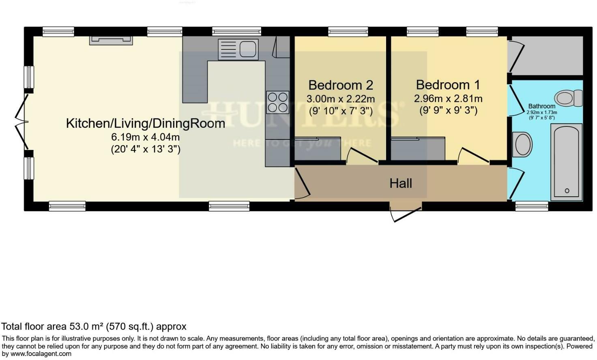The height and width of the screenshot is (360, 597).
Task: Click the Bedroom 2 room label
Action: pyautogui.click(x=340, y=85)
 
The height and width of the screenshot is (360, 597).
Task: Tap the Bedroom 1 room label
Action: pyautogui.click(x=448, y=85)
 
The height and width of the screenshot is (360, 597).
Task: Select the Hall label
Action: pyautogui.click(x=401, y=183)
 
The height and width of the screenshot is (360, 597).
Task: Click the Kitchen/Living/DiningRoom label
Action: pyautogui.click(x=145, y=123)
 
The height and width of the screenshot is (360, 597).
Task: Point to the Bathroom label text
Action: pyautogui.click(x=541, y=106)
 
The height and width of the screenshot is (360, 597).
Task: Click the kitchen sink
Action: pyautogui.click(x=238, y=49)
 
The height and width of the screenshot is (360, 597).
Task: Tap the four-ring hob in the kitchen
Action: pyautogui.click(x=277, y=102)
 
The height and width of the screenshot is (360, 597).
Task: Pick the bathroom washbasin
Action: pyautogui.click(x=522, y=144)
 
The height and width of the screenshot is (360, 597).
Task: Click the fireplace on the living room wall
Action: pyautogui.click(x=111, y=40)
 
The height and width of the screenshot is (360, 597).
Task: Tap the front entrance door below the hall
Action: pyautogui.click(x=406, y=213)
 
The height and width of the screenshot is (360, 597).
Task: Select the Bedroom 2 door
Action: pyautogui.click(x=357, y=156)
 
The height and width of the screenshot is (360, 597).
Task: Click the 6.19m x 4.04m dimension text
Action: pyautogui.click(x=145, y=137)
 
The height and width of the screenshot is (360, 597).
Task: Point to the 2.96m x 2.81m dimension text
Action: pyautogui.click(x=448, y=99)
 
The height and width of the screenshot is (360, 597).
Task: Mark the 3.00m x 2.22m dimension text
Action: pyautogui.click(x=340, y=99)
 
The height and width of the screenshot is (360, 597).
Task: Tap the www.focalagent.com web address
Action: pyautogui.click(x=41, y=354)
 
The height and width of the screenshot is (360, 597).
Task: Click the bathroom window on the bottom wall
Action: pyautogui.click(x=531, y=206)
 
